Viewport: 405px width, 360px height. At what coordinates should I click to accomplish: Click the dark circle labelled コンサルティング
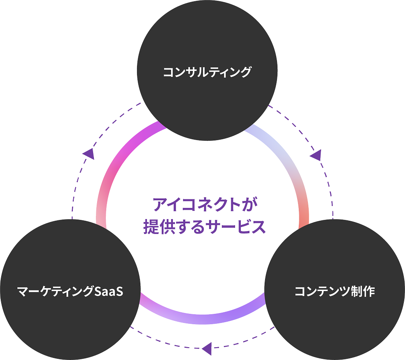pos(207,70)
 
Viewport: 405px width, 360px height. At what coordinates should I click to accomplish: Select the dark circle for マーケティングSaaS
pos(70,290)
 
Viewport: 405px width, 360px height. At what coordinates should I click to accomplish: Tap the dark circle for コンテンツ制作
pos(335,290)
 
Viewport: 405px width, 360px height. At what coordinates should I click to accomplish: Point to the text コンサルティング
pos(207,72)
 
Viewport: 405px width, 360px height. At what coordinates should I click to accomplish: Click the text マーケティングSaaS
pos(70,291)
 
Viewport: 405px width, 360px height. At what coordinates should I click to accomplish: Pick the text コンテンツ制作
pos(335,291)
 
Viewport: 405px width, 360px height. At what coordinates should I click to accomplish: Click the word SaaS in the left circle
pos(109,291)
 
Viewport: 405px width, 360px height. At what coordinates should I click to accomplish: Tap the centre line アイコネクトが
pos(205,204)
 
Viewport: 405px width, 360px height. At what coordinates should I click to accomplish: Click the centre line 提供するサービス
pos(205,227)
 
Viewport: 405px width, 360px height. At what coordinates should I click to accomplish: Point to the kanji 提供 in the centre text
pos(159,227)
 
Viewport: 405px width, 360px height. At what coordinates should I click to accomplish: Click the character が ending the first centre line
pos(250,204)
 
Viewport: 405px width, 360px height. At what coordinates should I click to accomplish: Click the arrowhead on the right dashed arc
pos(316,155)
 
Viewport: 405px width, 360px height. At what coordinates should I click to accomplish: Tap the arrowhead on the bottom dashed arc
pos(207,348)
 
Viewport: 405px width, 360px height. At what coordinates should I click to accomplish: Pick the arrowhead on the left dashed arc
pos(88,154)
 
